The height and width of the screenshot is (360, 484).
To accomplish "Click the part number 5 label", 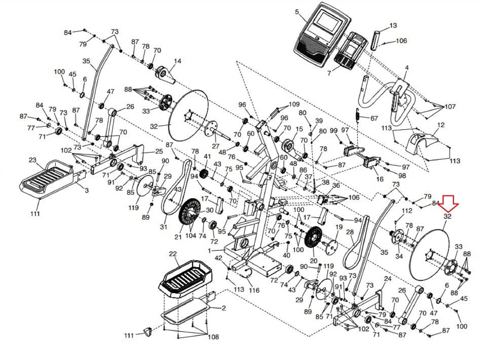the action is click(x=297, y=12).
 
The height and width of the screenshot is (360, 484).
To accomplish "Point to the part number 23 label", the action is click(x=32, y=160).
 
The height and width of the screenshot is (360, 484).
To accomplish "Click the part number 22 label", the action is click(x=173, y=254).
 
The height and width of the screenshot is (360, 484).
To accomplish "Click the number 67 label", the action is click(x=374, y=118).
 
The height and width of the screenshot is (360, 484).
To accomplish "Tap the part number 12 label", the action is click(x=441, y=125).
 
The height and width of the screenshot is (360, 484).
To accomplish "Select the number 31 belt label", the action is click(x=163, y=227).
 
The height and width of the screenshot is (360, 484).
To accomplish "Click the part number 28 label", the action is click(x=350, y=232).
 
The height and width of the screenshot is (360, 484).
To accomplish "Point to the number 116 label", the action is click(x=254, y=290).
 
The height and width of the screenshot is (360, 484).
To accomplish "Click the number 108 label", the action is click(x=213, y=337).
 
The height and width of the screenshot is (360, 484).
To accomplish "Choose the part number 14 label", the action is click(x=177, y=61).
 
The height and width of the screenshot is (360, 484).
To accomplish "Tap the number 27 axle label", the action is click(x=215, y=146).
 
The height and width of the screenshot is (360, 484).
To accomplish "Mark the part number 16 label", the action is click(x=380, y=179).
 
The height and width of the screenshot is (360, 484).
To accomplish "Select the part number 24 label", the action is click(x=388, y=279).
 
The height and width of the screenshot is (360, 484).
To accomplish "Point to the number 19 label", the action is click(x=339, y=227).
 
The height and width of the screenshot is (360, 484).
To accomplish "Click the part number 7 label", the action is click(x=329, y=74).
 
